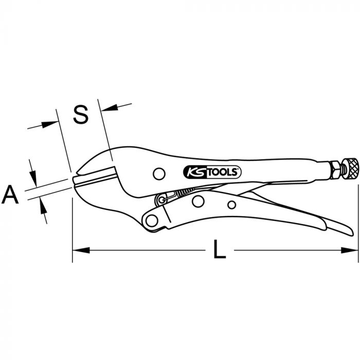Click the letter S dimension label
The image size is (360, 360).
[81, 115]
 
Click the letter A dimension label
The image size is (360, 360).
[10, 195]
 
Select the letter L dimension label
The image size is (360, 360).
[220, 249]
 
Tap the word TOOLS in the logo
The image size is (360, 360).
[223, 172]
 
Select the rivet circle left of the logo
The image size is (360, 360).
[159, 174]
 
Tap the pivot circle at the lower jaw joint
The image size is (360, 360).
[152, 221]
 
